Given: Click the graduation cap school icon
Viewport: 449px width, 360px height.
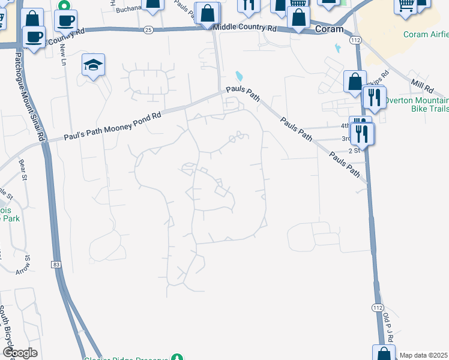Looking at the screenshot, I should pos(94,64).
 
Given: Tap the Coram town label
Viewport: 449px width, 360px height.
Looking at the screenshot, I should pos(329,28).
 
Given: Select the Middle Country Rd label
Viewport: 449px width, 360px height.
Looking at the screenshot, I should pos(245,28).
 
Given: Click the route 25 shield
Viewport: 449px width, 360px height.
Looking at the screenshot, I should pos(148,29).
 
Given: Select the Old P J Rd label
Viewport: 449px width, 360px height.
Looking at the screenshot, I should pos(388,327).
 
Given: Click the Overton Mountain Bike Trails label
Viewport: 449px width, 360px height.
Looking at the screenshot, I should pos(417,104).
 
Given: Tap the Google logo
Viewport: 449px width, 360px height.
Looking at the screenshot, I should pos(20,353).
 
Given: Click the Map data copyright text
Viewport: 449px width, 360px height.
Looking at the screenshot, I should pos(423,355).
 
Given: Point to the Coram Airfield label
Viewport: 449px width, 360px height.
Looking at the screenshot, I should pos(425,34).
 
